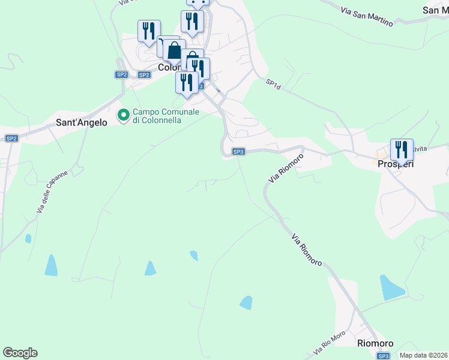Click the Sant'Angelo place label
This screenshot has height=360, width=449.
(x=81, y=122)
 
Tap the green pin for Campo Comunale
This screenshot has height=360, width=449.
(x=124, y=115)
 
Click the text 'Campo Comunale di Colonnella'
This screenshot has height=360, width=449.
(x=165, y=115)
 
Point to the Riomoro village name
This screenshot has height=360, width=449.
(x=375, y=343)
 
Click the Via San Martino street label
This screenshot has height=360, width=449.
(x=366, y=17)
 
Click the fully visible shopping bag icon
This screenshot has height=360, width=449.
(x=174, y=50)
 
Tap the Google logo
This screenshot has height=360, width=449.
(x=20, y=353)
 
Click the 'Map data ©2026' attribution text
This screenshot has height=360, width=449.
(x=423, y=355)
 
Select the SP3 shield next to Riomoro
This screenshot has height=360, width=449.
(x=383, y=356)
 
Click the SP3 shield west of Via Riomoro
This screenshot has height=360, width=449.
(x=238, y=152)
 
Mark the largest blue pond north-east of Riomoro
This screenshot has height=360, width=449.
(x=391, y=288)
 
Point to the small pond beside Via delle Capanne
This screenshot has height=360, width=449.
(x=28, y=238)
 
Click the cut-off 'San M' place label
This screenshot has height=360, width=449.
(x=436, y=10)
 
